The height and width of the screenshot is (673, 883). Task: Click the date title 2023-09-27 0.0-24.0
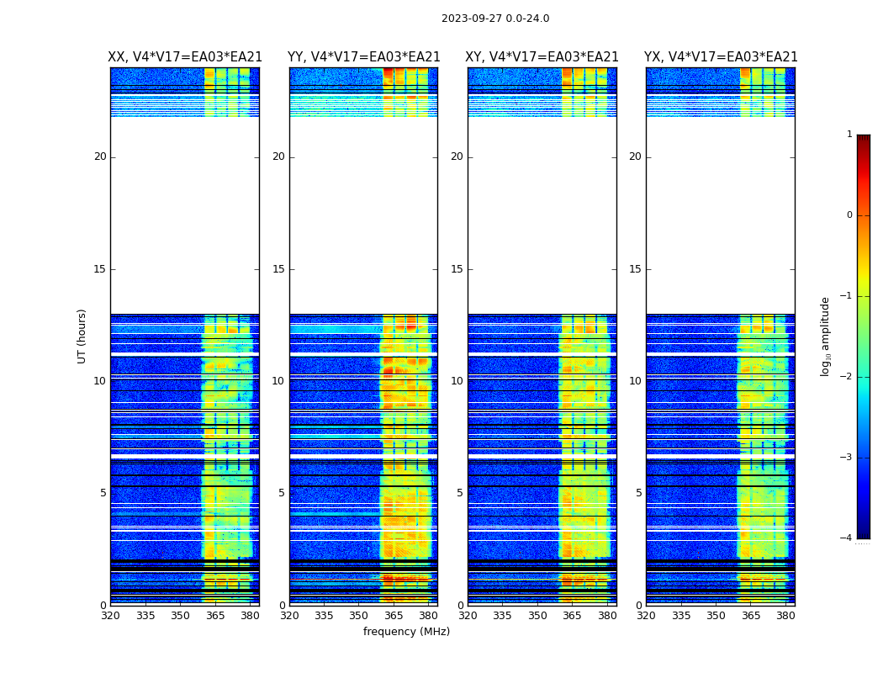[x=495, y=19]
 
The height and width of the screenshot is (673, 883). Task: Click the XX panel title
[x=185, y=57]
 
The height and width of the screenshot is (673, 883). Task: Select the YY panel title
[x=363, y=57]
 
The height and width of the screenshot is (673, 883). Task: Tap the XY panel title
[x=542, y=57]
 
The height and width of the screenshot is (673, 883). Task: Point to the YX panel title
[x=721, y=57]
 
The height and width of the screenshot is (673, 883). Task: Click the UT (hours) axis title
[x=82, y=336]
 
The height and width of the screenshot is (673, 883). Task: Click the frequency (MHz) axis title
[x=406, y=632]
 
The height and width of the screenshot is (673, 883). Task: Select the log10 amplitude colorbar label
[x=826, y=336]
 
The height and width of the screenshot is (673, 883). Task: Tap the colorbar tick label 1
[x=849, y=135]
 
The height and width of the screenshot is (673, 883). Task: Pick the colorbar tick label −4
[x=847, y=538]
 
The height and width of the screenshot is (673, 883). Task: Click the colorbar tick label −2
[x=847, y=377]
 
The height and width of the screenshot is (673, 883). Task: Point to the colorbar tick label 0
[x=849, y=215]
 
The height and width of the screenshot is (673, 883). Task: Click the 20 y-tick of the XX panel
[x=100, y=156]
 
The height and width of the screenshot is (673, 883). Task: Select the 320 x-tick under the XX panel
[x=110, y=616]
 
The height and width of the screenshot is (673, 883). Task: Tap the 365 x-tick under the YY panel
[x=394, y=616]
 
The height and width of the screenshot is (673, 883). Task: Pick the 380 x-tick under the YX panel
[x=785, y=616]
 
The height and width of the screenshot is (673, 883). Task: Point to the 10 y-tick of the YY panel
[x=278, y=381]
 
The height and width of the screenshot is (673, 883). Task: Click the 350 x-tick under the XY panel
[x=537, y=616]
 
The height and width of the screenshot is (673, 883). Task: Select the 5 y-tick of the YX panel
[x=638, y=493]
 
